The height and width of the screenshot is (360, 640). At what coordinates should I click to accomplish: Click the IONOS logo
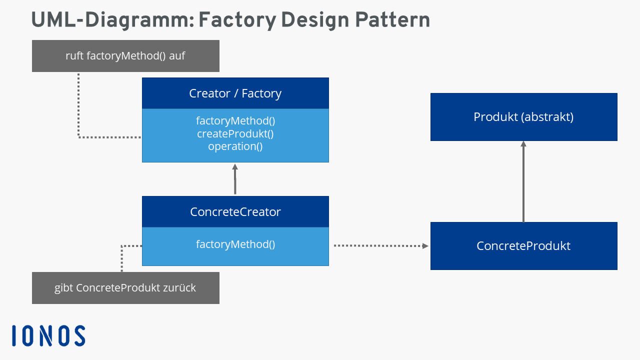pos(48,335)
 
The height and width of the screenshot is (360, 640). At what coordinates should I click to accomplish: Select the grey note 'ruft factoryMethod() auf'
pos(125,56)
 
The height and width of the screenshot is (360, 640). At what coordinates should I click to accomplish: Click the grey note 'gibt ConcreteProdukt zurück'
pos(125,288)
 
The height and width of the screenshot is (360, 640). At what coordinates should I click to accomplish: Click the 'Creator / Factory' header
pos(235,93)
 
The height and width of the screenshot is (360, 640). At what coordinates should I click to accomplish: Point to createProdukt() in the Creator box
pos(235,134)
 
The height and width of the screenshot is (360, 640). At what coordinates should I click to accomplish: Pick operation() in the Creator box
pos(235,146)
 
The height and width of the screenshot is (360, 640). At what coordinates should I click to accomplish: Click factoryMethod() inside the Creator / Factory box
pos(235,121)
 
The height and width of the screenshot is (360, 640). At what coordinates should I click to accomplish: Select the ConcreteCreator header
pos(235,212)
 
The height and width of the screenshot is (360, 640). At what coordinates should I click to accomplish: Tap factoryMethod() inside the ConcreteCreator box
pos(235,244)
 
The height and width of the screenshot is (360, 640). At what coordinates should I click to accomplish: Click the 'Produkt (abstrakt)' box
pos(523,117)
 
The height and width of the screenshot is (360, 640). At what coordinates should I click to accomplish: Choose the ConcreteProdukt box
pos(523,246)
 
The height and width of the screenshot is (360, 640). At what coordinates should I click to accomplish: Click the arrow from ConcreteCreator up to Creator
pos(235,179)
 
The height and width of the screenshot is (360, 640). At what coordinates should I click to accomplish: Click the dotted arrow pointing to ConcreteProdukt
pos(380,245)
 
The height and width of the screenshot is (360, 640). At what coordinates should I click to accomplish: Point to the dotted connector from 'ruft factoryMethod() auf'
pos(79,110)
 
